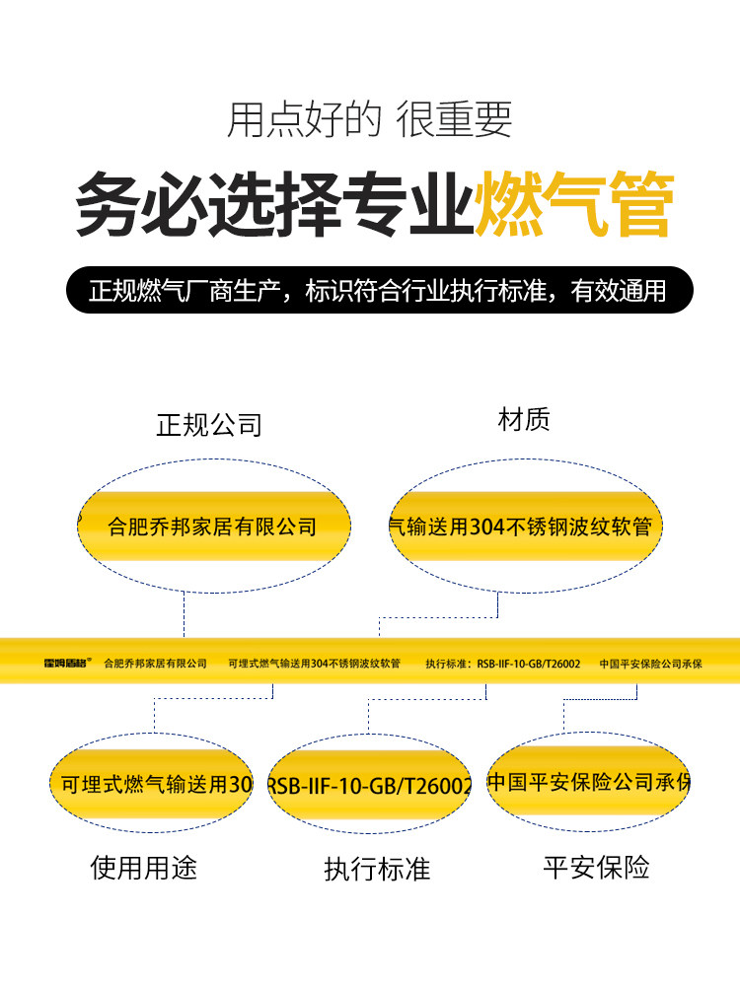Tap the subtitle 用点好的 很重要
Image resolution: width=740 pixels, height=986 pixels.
point(370,120)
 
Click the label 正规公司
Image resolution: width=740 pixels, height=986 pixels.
point(209,425)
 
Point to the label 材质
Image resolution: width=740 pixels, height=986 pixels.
point(524,421)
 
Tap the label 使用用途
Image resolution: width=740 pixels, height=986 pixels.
point(144,867)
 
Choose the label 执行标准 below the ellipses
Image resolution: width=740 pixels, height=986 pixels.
point(377,869)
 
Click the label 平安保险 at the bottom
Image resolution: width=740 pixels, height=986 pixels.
point(596,867)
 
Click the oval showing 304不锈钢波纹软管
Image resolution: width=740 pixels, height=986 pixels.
point(523,527)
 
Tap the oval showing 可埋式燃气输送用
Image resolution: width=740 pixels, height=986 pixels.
point(155,784)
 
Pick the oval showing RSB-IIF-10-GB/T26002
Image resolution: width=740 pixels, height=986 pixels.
point(370,786)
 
